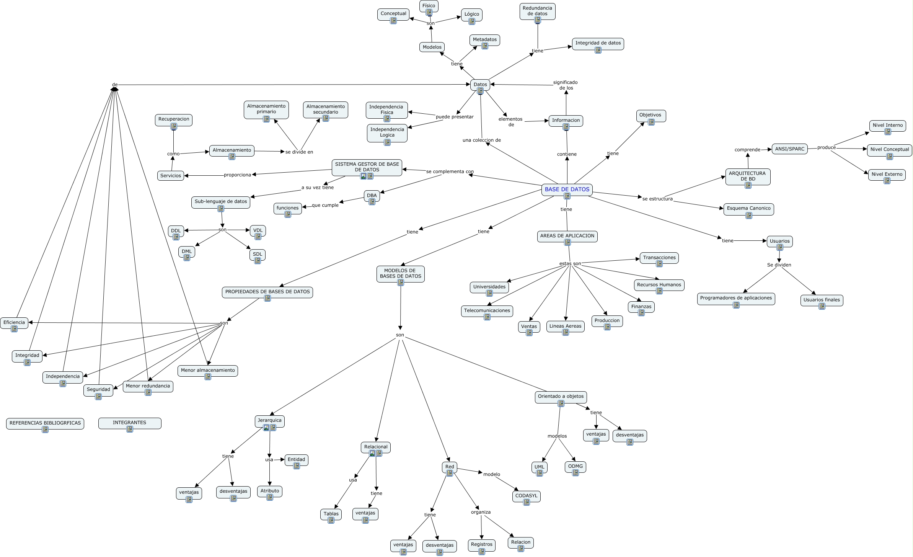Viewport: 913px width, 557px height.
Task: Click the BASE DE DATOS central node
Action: pyautogui.click(x=567, y=189)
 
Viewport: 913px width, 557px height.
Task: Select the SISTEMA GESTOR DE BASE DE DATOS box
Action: pyautogui.click(x=367, y=167)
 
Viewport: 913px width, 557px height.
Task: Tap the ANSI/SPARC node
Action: pyautogui.click(x=789, y=149)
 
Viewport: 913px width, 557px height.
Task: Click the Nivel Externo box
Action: pyautogui.click(x=887, y=175)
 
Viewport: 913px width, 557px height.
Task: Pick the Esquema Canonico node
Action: pyautogui.click(x=748, y=209)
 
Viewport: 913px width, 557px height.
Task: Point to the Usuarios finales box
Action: pyautogui.click(x=822, y=300)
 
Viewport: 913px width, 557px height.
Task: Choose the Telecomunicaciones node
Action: pyautogui.click(x=487, y=311)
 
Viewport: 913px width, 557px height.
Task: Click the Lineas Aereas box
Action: pyautogui.click(x=565, y=327)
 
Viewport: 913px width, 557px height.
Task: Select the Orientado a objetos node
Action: pyautogui.click(x=561, y=397)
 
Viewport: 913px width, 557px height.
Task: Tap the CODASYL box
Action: pyautogui.click(x=526, y=496)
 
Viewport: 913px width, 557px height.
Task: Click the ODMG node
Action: pyautogui.click(x=575, y=467)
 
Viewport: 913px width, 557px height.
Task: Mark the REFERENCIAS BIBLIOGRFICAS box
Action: pyautogui.click(x=45, y=423)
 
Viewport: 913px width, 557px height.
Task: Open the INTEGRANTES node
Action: pyautogui.click(x=129, y=423)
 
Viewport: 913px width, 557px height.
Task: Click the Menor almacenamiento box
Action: pyautogui.click(x=208, y=371)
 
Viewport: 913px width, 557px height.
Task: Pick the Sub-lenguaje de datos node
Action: pyautogui.click(x=221, y=202)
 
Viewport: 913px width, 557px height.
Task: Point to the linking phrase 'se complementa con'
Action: pyautogui.click(x=450, y=172)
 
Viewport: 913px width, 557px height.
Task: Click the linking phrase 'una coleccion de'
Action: pyautogui.click(x=481, y=140)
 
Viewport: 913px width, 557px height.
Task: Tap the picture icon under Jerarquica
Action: pyautogui.click(x=266, y=428)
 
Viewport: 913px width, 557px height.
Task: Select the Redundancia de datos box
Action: pyautogui.click(x=537, y=11)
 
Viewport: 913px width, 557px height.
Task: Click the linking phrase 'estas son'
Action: pyautogui.click(x=570, y=263)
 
